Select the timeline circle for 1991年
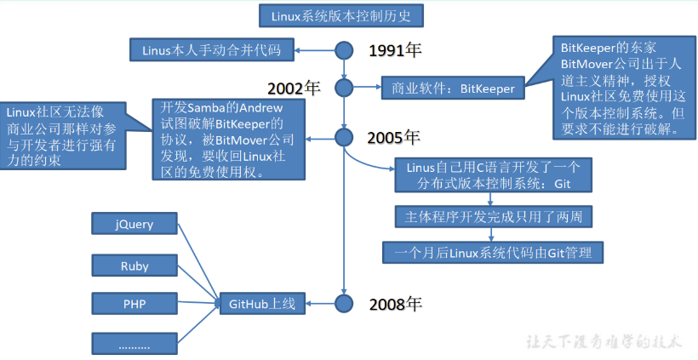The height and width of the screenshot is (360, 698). coord(344,50)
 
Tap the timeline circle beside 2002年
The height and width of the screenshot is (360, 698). coord(344,87)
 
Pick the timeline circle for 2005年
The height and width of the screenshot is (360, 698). coord(344,137)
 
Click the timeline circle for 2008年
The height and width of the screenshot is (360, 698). coord(344,302)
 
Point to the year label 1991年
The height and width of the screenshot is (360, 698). coord(396,50)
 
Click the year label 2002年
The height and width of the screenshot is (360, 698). coord(294,88)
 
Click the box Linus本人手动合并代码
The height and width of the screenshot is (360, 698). coord(214,50)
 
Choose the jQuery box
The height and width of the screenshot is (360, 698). coord(134,225)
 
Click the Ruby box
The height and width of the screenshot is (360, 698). coord(134,266)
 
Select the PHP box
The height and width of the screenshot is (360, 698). coord(134,303)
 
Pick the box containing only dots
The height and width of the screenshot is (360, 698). coord(134,344)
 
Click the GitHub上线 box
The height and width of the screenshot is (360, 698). coord(262,302)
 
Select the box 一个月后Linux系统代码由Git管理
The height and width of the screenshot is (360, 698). coord(493,252)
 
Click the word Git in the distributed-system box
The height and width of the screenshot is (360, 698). coord(563,183)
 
